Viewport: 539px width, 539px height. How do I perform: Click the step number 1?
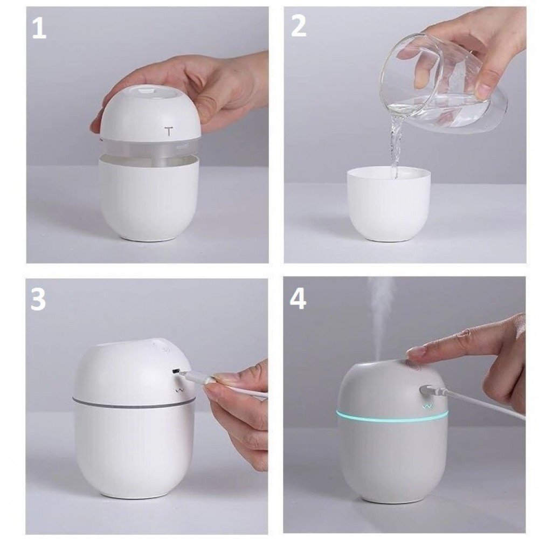(x=39, y=29)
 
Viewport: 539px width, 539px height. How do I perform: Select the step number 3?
(x=38, y=299)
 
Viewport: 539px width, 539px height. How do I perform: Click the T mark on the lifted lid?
(x=168, y=131)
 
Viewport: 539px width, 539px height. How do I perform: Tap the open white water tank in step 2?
(x=389, y=204)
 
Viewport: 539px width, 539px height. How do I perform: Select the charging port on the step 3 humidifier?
(x=176, y=371)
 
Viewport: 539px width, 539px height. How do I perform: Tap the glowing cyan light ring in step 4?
(x=392, y=415)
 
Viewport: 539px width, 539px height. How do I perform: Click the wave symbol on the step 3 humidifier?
(x=179, y=390)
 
